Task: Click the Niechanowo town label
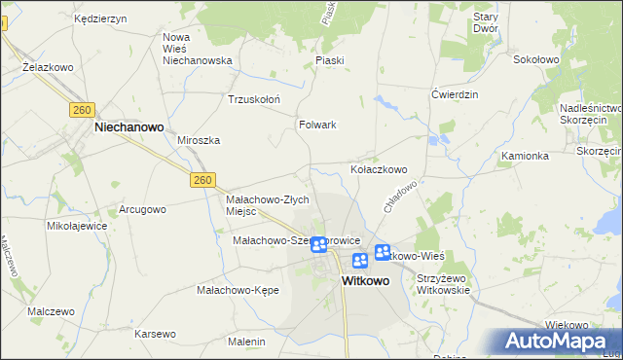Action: (x=128, y=126)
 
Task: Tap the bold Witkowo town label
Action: (x=366, y=280)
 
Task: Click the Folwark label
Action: (x=317, y=125)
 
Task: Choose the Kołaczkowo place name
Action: (x=379, y=168)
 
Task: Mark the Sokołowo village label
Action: (x=535, y=59)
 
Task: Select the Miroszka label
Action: (x=199, y=140)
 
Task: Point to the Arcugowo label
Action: (x=143, y=209)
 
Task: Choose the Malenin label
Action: (x=246, y=342)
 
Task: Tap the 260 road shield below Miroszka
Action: (x=202, y=180)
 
